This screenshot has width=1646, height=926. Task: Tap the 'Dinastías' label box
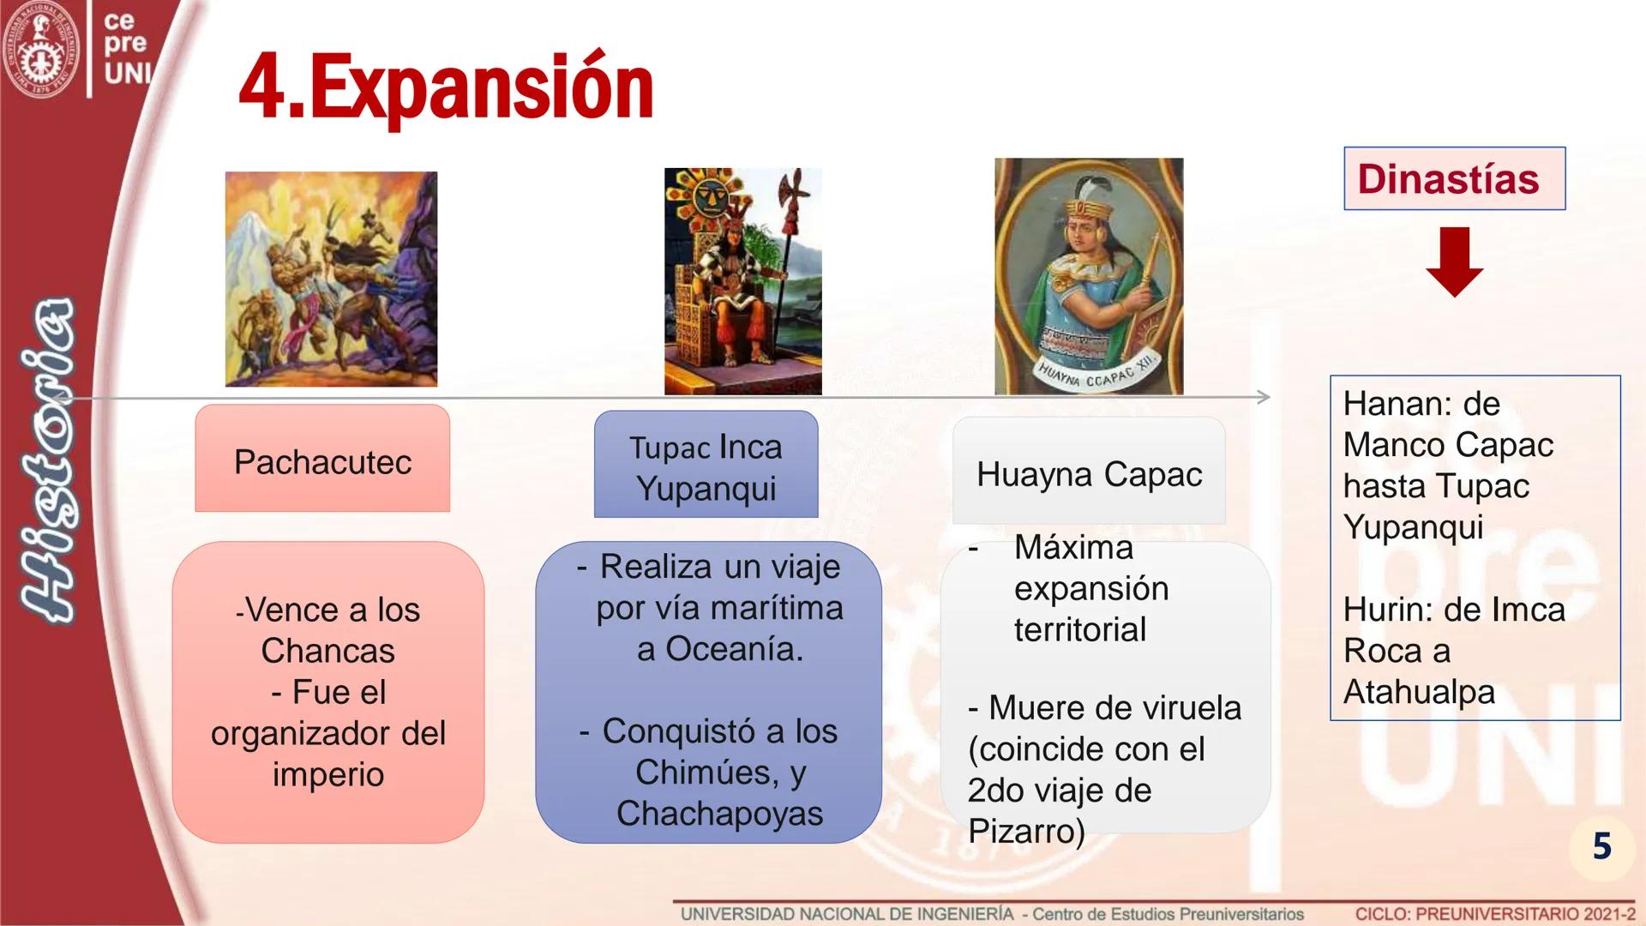click(x=1454, y=178)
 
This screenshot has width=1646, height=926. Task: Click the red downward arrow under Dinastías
click(x=1454, y=262)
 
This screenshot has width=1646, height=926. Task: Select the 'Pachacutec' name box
click(x=322, y=459)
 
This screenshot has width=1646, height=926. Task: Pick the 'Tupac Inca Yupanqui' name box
click(x=706, y=464)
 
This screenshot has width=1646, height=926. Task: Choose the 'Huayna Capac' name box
click(x=1089, y=471)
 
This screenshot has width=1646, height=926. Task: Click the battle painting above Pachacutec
click(x=331, y=279)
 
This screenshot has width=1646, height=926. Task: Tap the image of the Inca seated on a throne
click(x=742, y=281)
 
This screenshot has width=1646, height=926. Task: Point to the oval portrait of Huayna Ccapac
click(x=1089, y=276)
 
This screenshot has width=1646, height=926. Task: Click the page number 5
click(x=1601, y=846)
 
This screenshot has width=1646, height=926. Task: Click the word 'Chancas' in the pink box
click(x=327, y=651)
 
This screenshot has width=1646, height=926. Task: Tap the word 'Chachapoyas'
click(x=719, y=814)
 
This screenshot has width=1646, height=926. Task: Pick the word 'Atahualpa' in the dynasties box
click(x=1419, y=692)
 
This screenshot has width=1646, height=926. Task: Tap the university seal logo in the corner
click(x=40, y=49)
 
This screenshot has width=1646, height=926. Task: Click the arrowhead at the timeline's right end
click(x=1264, y=397)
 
